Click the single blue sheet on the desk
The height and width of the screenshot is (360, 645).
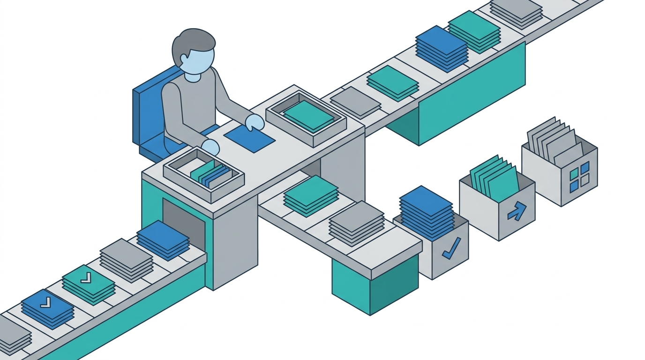249,138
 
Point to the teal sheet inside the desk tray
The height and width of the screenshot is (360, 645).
307,115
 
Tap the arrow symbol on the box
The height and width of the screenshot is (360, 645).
517,211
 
